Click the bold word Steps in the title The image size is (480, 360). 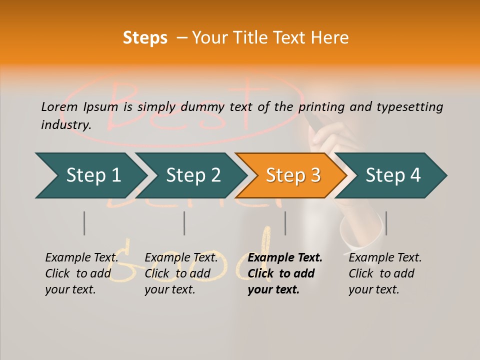[x=145, y=38]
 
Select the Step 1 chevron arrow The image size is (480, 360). [x=90, y=175]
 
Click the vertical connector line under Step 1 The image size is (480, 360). [x=84, y=223]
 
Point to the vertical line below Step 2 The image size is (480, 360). [x=184, y=223]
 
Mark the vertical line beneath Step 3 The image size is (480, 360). [x=285, y=223]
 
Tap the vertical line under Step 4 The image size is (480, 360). [x=386, y=223]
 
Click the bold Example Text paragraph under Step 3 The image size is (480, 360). [x=285, y=273]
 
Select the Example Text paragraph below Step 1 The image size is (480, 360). [x=81, y=273]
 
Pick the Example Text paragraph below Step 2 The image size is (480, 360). [x=181, y=273]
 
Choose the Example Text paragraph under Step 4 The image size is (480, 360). [x=385, y=273]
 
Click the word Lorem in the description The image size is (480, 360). [x=59, y=106]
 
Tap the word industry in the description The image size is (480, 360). [x=66, y=124]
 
